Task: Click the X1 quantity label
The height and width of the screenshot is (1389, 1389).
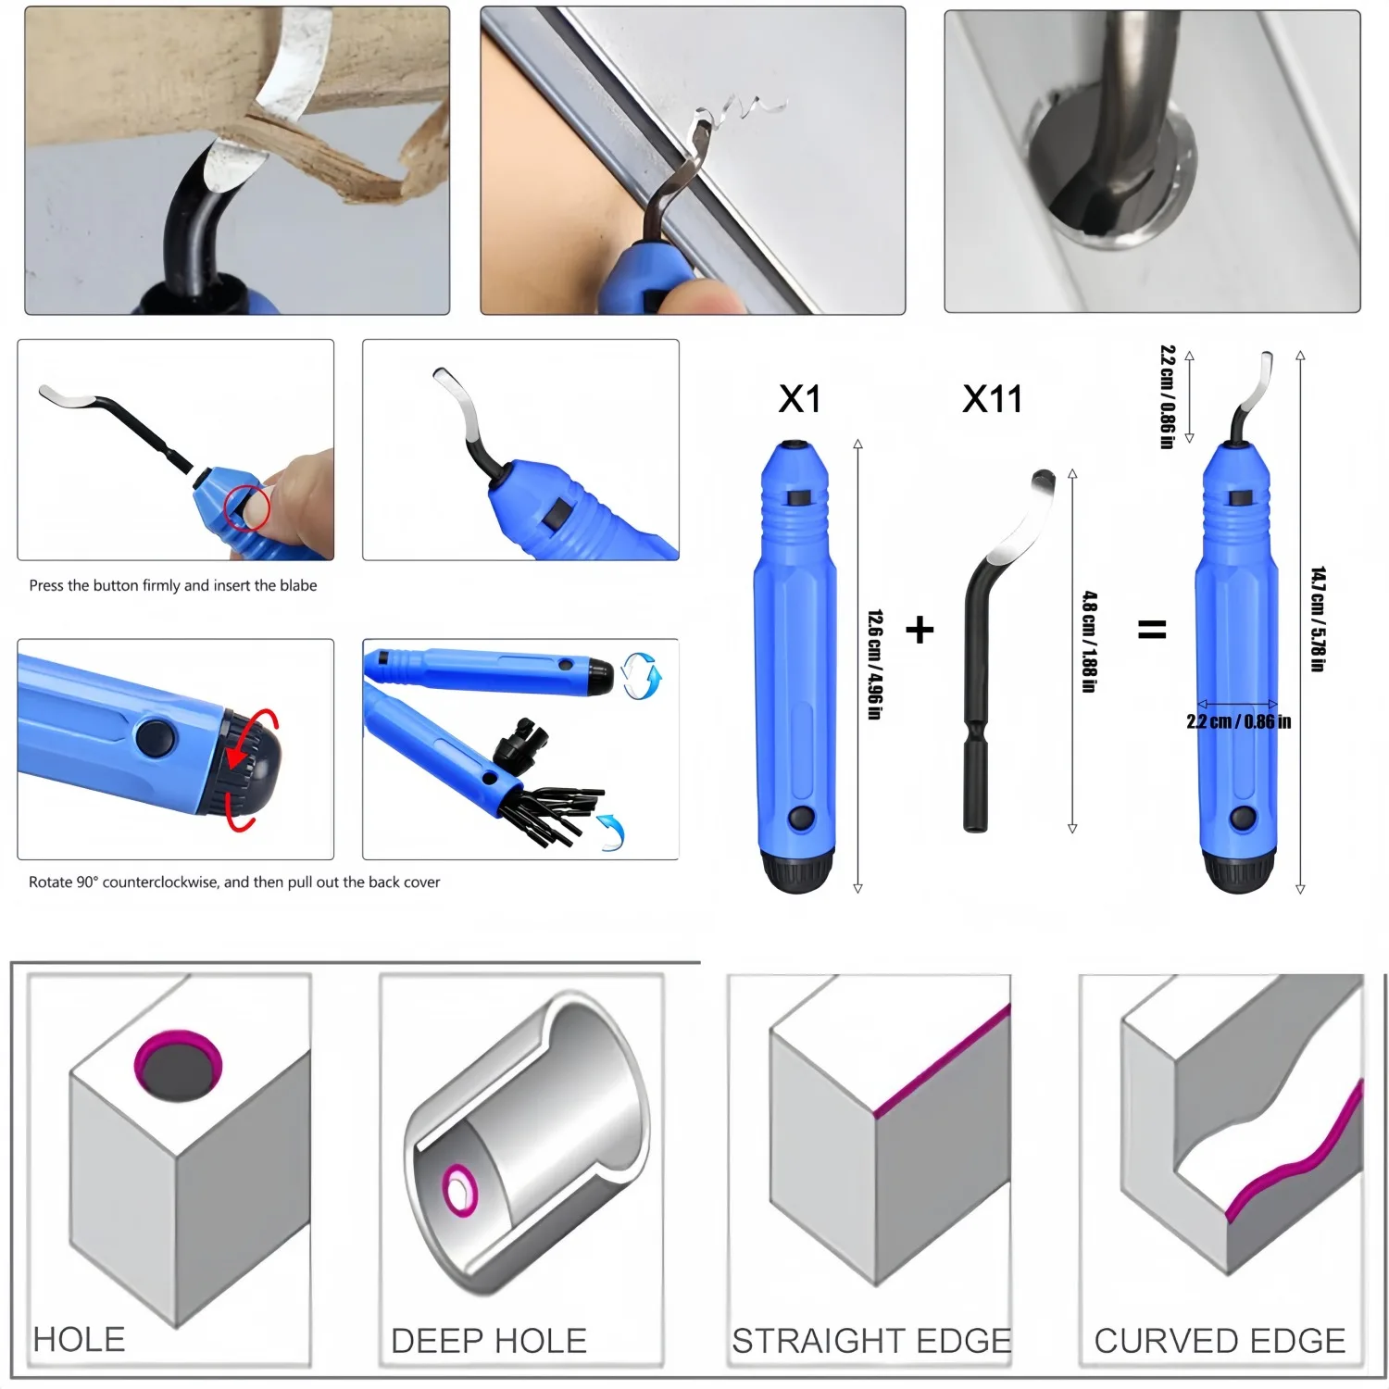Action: pos(800,399)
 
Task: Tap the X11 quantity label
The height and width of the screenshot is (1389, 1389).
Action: pos(993,399)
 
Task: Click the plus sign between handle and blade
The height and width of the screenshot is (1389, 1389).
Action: pos(920,631)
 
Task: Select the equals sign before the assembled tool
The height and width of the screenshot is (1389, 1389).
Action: pos(1151,631)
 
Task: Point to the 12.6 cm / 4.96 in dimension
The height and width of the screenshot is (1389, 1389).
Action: pos(874,664)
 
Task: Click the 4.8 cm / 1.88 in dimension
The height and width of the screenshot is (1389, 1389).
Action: pos(1090,642)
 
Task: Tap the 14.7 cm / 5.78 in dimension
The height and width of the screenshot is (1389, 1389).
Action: pos(1318,619)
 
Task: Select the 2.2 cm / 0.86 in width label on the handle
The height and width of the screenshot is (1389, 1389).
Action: pos(1239,721)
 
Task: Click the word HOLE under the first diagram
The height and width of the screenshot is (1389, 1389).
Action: pos(79,1340)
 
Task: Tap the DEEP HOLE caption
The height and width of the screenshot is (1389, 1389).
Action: pos(489,1341)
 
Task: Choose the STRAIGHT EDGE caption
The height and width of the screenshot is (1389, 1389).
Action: pos(870,1341)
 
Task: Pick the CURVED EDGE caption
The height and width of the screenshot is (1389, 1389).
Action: pos(1220,1341)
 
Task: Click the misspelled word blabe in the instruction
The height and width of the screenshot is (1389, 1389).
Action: pos(298,585)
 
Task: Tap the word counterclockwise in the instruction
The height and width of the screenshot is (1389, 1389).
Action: pos(161,882)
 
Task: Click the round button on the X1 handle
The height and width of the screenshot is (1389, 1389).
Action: pos(799,819)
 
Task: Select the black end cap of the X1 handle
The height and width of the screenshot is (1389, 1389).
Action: pos(797,875)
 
